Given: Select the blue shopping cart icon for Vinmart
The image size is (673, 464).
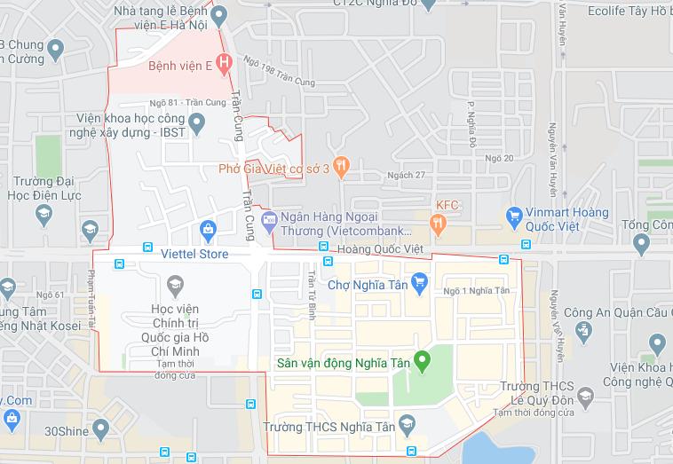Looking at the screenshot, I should click(512, 215).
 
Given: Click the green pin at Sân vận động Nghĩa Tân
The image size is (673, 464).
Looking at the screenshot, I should click(423, 361).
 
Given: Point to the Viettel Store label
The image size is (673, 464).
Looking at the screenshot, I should click(194, 255).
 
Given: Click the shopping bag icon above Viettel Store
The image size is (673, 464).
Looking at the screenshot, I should click(207, 229).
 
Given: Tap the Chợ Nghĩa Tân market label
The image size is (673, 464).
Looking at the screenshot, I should click(365, 284).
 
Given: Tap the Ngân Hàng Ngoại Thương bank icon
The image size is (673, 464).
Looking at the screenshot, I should click(269, 218).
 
